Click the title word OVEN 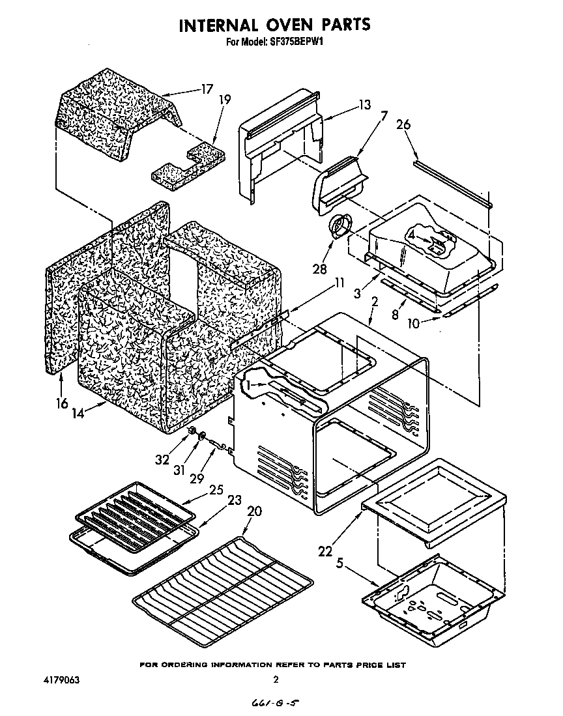coord(287,25)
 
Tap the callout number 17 coord(207,89)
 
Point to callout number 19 coord(224,100)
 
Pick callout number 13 coord(364,104)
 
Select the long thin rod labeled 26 coord(453,182)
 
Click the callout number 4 coord(411,233)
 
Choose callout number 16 coord(61,403)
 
